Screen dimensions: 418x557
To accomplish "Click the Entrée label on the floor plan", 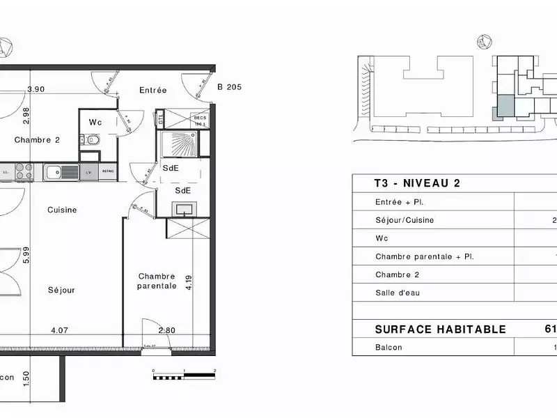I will (x=152, y=90).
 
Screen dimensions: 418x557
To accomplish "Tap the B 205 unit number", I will (x=229, y=87).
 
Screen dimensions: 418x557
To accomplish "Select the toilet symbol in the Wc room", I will (x=93, y=140).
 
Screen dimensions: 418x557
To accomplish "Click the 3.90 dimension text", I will (x=36, y=89).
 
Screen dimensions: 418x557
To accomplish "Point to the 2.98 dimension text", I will (x=26, y=114).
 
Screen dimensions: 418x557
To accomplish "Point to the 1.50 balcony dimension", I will (x=26, y=378).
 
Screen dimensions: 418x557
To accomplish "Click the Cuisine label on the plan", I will (x=62, y=210).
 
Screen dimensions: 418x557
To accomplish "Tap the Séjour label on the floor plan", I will (x=61, y=290).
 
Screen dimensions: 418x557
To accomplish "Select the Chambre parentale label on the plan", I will (x=156, y=281).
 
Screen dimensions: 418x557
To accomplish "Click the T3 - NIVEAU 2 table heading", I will (x=407, y=184).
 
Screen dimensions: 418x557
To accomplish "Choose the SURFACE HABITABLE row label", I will (x=440, y=330).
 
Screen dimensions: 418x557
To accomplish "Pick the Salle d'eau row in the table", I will (x=398, y=293).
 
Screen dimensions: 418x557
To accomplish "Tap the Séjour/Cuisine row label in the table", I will (x=405, y=220).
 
